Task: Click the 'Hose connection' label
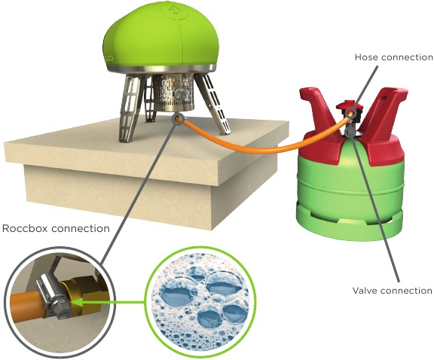(393, 57)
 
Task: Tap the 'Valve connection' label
(392, 291)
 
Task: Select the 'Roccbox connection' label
(56, 228)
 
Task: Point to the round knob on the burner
(179, 95)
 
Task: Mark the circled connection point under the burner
(177, 119)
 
